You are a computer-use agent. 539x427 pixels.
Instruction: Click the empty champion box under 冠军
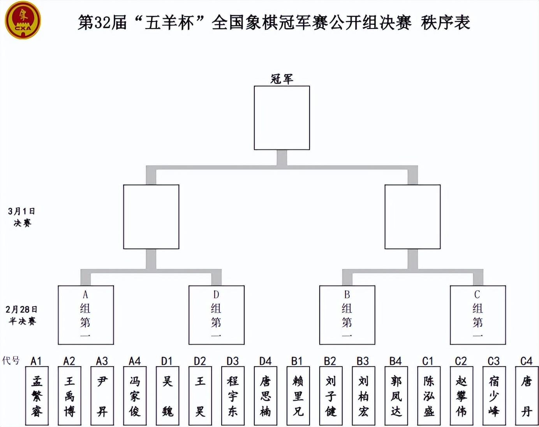click(x=282, y=118)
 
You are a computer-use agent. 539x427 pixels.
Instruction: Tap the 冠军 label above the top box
click(x=282, y=79)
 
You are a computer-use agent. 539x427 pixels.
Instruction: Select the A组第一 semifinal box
click(x=86, y=315)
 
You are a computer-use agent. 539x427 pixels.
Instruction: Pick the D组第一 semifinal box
click(x=217, y=315)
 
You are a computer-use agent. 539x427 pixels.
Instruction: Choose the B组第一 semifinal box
click(x=347, y=315)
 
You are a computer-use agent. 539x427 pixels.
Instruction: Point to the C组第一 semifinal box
click(x=478, y=315)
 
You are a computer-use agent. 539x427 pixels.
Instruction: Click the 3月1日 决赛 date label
click(x=22, y=217)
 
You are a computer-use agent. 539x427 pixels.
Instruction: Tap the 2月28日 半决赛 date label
click(x=22, y=315)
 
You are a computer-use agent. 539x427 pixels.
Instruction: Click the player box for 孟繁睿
click(x=37, y=395)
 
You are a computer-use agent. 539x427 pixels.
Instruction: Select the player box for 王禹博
click(x=70, y=395)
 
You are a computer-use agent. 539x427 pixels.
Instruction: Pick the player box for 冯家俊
click(x=135, y=395)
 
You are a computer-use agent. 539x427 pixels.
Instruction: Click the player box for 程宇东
click(x=233, y=395)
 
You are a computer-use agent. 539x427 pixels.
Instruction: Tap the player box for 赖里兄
click(x=298, y=395)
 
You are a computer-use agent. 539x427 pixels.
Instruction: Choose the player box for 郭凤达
click(x=396, y=395)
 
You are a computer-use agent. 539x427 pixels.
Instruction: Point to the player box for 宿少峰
click(x=494, y=395)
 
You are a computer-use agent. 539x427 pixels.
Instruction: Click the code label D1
click(x=167, y=361)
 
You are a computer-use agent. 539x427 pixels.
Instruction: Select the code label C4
click(x=526, y=361)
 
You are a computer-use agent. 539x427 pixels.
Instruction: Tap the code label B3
click(x=363, y=361)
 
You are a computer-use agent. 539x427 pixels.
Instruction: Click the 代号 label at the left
click(x=11, y=360)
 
